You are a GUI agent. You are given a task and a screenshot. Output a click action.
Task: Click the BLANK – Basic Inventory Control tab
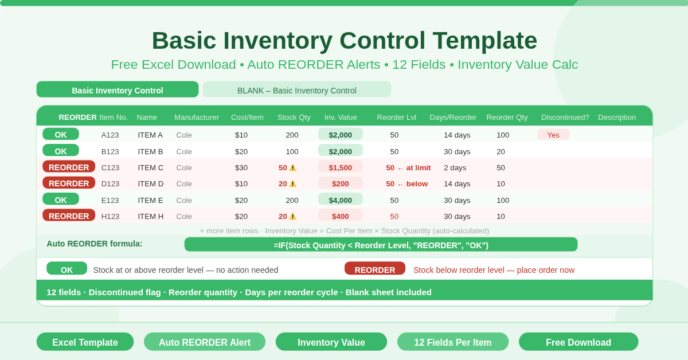tap(296, 90)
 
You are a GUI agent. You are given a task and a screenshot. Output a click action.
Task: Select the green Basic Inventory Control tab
tap(118, 90)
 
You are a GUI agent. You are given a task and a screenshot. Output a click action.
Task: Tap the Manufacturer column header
tap(197, 118)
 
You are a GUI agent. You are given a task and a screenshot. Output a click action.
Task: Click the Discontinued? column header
tap(565, 118)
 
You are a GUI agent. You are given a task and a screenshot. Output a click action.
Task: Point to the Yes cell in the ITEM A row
tap(553, 135)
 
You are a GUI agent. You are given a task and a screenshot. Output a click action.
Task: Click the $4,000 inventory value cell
tap(341, 200)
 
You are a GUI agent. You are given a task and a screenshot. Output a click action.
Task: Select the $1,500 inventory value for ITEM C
tap(341, 167)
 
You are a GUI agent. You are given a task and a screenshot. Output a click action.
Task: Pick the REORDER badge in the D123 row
tap(69, 183)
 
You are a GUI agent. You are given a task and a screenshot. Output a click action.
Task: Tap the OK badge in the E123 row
tap(61, 200)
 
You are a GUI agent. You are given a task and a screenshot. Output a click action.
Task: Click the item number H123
tap(110, 216)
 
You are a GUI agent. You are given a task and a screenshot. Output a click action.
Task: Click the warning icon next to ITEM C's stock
tap(292, 168)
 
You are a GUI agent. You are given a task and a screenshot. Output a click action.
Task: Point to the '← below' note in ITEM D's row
tap(412, 184)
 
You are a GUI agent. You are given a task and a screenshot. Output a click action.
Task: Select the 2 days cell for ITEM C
tap(455, 167)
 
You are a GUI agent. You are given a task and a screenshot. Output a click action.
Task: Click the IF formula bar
tap(381, 245)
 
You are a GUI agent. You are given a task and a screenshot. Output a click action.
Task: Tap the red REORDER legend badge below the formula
tap(375, 269)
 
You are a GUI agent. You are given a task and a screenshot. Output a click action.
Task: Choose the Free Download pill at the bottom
tap(578, 342)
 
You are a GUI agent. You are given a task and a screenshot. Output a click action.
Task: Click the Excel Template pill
tap(85, 342)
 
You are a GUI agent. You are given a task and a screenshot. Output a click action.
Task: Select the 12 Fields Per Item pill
tap(453, 342)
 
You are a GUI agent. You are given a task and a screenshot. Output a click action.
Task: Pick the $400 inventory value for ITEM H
tap(341, 216)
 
